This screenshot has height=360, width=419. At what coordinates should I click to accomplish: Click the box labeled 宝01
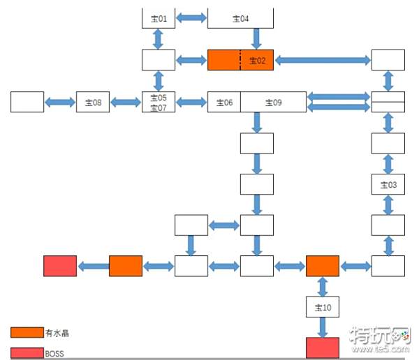click(159, 18)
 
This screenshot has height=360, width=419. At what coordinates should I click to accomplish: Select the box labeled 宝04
click(240, 18)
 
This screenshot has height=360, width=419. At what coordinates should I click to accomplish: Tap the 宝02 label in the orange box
click(257, 61)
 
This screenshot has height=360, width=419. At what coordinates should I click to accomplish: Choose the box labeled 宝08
click(93, 102)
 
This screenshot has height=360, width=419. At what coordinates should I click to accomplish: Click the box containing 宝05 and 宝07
click(159, 102)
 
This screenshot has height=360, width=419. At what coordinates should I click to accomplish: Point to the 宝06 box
click(224, 102)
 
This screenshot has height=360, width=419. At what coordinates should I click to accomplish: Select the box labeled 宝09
click(273, 102)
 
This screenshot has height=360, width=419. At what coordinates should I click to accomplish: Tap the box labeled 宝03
click(388, 184)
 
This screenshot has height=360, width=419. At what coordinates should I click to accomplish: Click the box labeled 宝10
click(323, 307)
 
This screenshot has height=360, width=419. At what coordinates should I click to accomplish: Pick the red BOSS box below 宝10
click(323, 347)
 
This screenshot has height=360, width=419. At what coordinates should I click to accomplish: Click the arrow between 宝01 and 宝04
click(191, 18)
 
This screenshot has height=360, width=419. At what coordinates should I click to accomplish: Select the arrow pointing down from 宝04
click(256, 39)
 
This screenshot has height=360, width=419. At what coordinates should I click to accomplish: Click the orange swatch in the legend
click(27, 333)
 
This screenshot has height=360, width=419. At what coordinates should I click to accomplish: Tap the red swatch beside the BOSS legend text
click(27, 353)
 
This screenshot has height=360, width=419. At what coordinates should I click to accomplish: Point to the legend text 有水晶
click(57, 333)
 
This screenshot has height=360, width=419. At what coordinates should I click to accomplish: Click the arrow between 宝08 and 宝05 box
click(126, 102)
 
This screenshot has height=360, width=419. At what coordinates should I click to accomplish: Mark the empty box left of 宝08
click(27, 102)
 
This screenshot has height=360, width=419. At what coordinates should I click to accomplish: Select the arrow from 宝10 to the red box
click(323, 327)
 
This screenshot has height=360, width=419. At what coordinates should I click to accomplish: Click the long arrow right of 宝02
click(323, 60)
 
